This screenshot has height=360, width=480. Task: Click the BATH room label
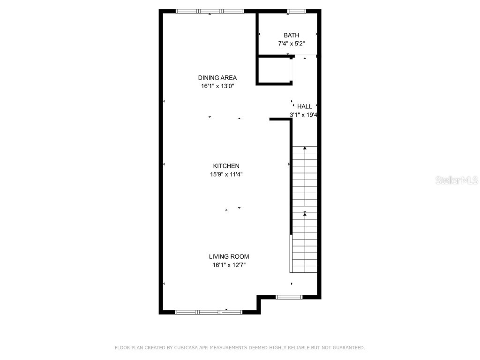291,35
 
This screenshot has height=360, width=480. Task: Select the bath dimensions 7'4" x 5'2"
291,44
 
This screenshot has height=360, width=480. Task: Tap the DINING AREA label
217,78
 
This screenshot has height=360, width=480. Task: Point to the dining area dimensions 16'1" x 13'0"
217,86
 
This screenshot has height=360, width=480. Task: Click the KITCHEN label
226,166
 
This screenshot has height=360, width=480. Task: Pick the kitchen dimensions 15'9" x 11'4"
226,174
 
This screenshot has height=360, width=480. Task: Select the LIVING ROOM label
229,256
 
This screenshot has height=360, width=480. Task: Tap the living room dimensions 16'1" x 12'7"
229,265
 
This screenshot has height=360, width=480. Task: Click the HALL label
304,106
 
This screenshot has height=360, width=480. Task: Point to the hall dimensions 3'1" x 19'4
304,115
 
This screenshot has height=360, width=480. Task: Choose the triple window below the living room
209,312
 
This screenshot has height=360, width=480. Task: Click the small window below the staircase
289,297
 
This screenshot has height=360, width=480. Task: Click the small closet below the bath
275,70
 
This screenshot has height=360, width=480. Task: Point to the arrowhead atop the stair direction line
305,148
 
